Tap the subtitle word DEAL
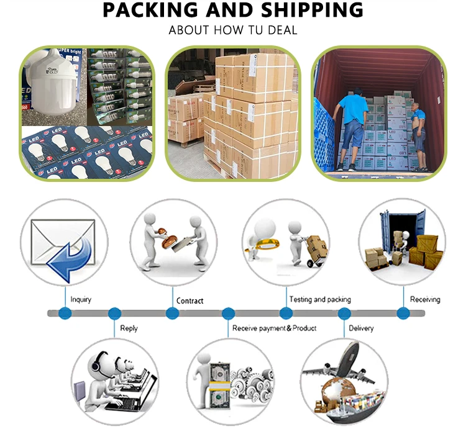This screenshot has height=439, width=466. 283,30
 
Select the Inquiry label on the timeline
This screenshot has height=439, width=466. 81,300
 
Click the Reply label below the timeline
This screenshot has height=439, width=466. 129,328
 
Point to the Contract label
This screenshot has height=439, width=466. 190,301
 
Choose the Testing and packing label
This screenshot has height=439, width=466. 320,300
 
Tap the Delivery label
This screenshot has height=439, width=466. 361,328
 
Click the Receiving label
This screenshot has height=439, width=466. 425,300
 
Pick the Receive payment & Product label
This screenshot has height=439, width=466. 274,328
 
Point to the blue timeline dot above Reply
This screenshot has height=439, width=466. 114,314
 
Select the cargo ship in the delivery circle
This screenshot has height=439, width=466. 351,407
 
